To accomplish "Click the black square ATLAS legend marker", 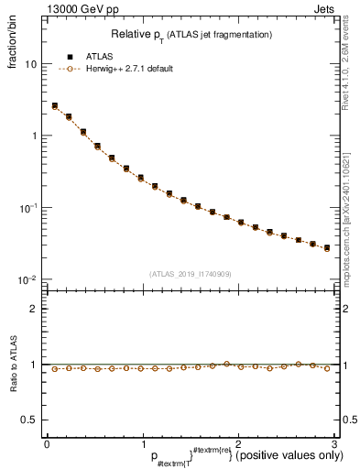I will click(x=69, y=55).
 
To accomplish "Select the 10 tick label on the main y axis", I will click(x=31, y=65).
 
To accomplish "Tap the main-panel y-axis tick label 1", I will click(x=34, y=136).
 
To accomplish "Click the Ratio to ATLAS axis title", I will click(x=14, y=365).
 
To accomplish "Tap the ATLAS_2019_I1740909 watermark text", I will click(x=190, y=273).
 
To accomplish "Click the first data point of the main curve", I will click(x=55, y=106).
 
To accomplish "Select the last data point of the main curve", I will click(x=326, y=247).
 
